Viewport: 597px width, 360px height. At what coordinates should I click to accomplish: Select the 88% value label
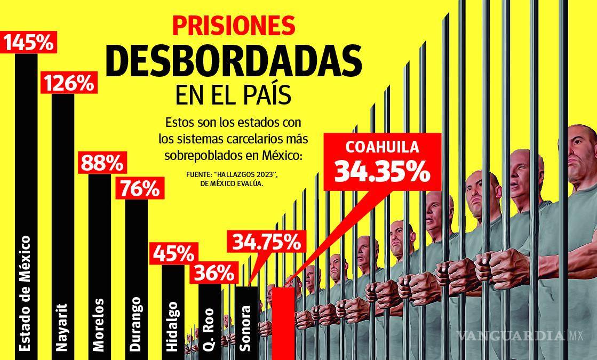[x=101, y=164]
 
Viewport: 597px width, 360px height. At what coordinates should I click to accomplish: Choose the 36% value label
[x=214, y=274]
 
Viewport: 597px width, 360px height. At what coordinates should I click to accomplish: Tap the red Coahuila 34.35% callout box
[x=382, y=161]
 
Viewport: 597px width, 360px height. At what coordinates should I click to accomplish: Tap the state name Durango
[x=136, y=324]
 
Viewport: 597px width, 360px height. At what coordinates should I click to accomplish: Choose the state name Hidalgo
[x=172, y=326]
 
